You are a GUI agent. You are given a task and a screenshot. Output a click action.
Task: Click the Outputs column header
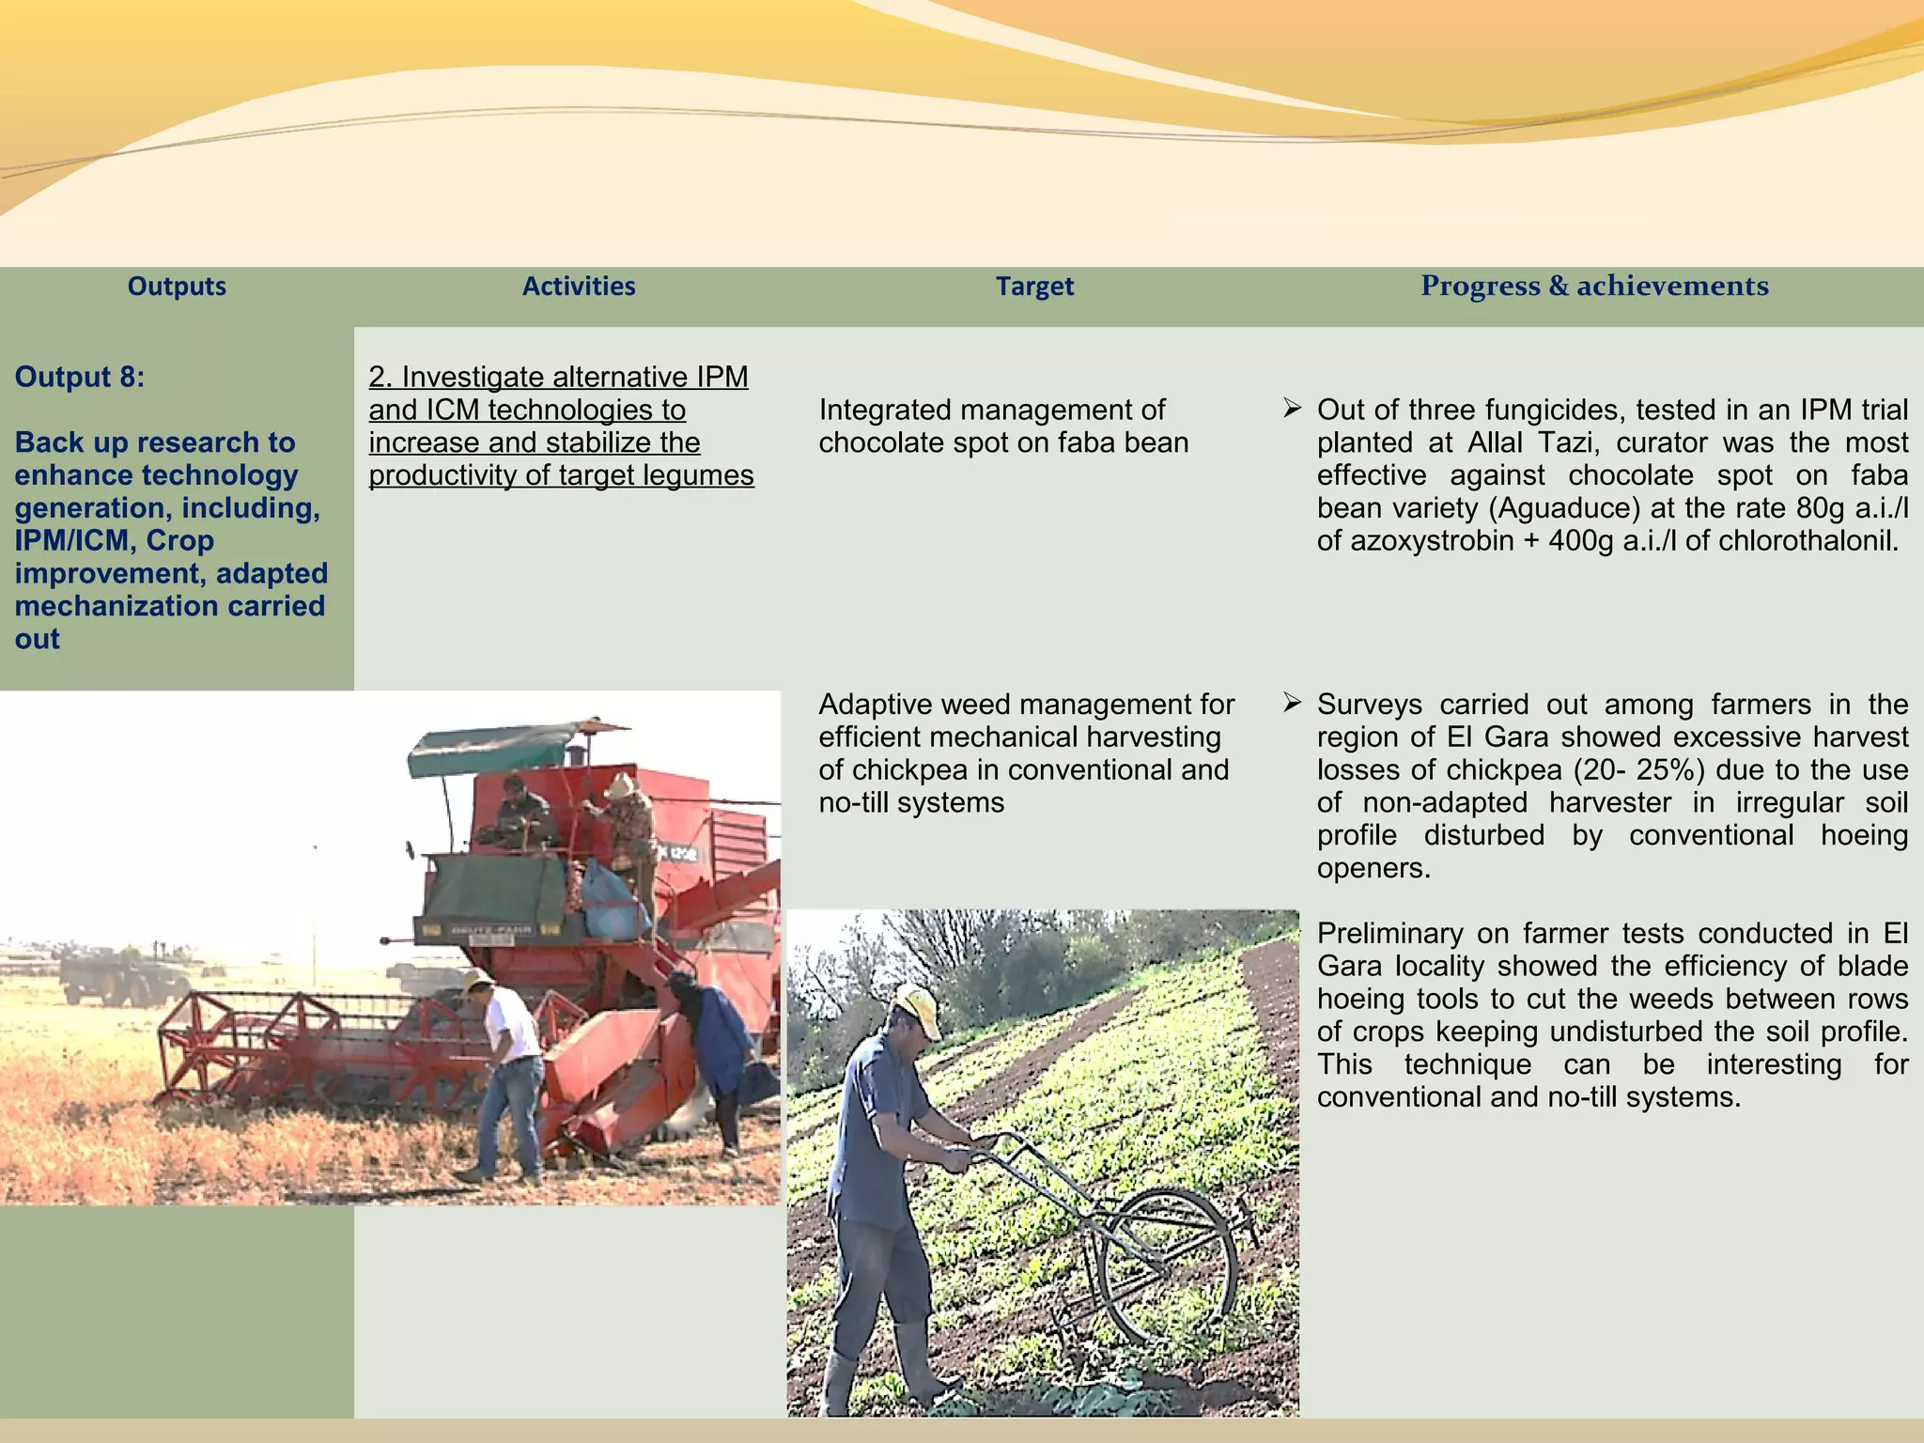pyautogui.click(x=177, y=287)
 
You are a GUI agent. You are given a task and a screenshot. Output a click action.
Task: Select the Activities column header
pyautogui.click(x=579, y=287)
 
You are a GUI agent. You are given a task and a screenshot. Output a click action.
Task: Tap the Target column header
pyautogui.click(x=1034, y=287)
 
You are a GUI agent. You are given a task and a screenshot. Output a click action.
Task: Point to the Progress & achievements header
pyautogui.click(x=1594, y=286)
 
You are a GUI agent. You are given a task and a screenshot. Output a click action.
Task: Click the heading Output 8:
pyautogui.click(x=80, y=377)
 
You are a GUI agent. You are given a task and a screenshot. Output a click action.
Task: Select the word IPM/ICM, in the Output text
pyautogui.click(x=71, y=541)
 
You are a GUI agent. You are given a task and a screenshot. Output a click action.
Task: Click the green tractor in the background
pyautogui.click(x=117, y=977)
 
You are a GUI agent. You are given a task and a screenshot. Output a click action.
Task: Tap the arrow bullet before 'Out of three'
pyautogui.click(x=1293, y=409)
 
